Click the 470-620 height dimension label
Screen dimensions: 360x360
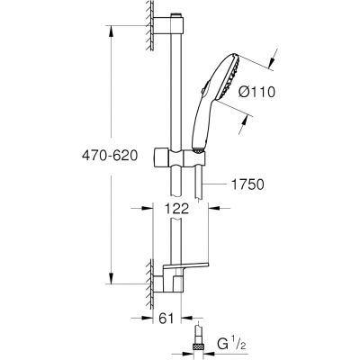tap(110, 156)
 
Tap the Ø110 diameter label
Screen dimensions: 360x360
tap(256, 92)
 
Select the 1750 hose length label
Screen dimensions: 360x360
tap(247, 184)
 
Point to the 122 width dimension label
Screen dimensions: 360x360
tap(177, 208)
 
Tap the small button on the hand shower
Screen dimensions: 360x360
tap(204, 89)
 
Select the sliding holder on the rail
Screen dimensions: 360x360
tap(179, 157)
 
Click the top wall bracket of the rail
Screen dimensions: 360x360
tap(167, 26)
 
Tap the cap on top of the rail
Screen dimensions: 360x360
tap(175, 15)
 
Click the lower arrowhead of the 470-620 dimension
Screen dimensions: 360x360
tap(112, 278)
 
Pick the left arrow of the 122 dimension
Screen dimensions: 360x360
tap(147, 208)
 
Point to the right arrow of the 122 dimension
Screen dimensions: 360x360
tap(214, 208)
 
